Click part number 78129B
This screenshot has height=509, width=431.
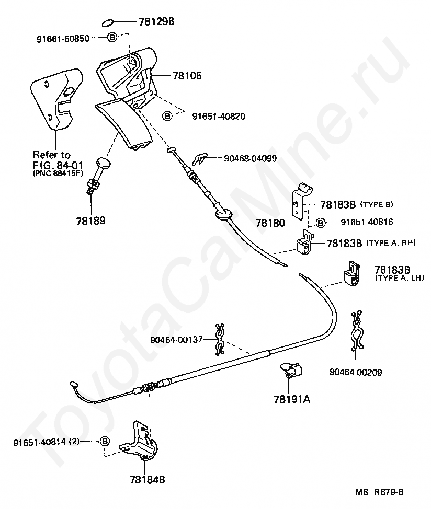pyautogui.click(x=156, y=21)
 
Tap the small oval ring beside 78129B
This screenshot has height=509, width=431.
pyautogui.click(x=108, y=24)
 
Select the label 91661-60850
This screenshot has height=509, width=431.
pyautogui.click(x=63, y=39)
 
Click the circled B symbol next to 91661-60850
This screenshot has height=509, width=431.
pyautogui.click(x=112, y=38)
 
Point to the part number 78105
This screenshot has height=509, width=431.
pyautogui.click(x=187, y=76)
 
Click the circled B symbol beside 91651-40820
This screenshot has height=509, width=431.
pyautogui.click(x=167, y=116)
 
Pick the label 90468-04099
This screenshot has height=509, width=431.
pyautogui.click(x=250, y=158)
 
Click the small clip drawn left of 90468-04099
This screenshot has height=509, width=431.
pyautogui.click(x=199, y=158)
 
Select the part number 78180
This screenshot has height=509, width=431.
pyautogui.click(x=270, y=223)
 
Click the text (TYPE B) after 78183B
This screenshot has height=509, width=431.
pyautogui.click(x=377, y=204)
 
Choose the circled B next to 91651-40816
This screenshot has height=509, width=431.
pyautogui.click(x=321, y=223)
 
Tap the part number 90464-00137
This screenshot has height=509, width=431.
pyautogui.click(x=176, y=340)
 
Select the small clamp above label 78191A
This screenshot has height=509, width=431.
pyautogui.click(x=291, y=371)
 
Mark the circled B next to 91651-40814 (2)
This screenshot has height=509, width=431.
pyautogui.click(x=105, y=441)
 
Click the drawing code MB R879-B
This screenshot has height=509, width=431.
pyautogui.click(x=379, y=492)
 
